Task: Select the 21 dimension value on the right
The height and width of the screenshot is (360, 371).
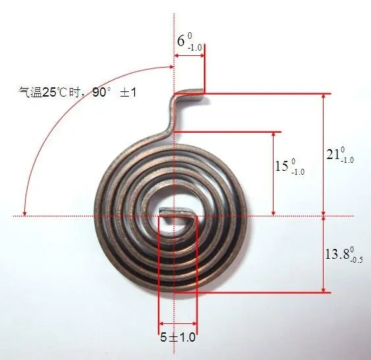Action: tap(333, 155)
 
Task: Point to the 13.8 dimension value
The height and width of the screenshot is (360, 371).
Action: tap(337, 253)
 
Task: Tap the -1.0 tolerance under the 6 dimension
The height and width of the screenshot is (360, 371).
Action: tap(195, 47)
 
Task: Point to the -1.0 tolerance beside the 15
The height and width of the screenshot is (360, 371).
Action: tap(297, 171)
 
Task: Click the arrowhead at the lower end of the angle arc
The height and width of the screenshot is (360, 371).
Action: tap(24, 212)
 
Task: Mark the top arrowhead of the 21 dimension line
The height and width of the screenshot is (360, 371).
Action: tap(323, 97)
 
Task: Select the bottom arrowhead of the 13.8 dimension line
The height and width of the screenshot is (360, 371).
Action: tap(323, 290)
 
